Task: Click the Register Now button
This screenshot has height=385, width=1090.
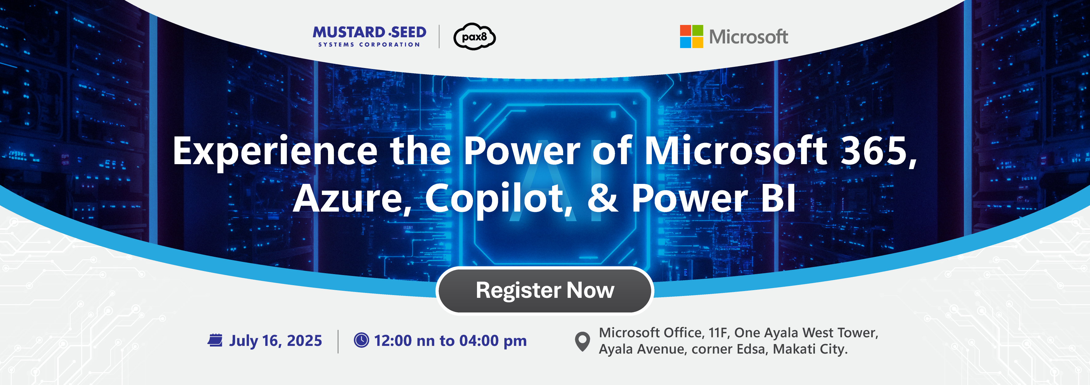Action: pyautogui.click(x=545, y=290)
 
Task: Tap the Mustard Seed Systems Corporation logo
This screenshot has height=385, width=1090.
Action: pyautogui.click(x=369, y=36)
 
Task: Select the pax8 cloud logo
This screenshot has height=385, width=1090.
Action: pyautogui.click(x=474, y=36)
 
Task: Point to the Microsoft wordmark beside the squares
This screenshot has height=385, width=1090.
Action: pyautogui.click(x=748, y=37)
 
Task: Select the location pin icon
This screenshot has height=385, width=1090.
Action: pyautogui.click(x=582, y=341)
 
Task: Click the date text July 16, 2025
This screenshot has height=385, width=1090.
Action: pyautogui.click(x=275, y=341)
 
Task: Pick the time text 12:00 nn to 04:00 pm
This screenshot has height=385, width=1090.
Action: pyautogui.click(x=450, y=341)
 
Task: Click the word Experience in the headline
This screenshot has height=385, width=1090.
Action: pyautogui.click(x=275, y=152)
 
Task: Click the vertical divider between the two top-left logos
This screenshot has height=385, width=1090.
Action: pyautogui.click(x=439, y=36)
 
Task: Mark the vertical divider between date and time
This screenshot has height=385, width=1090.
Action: pyautogui.click(x=338, y=341)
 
